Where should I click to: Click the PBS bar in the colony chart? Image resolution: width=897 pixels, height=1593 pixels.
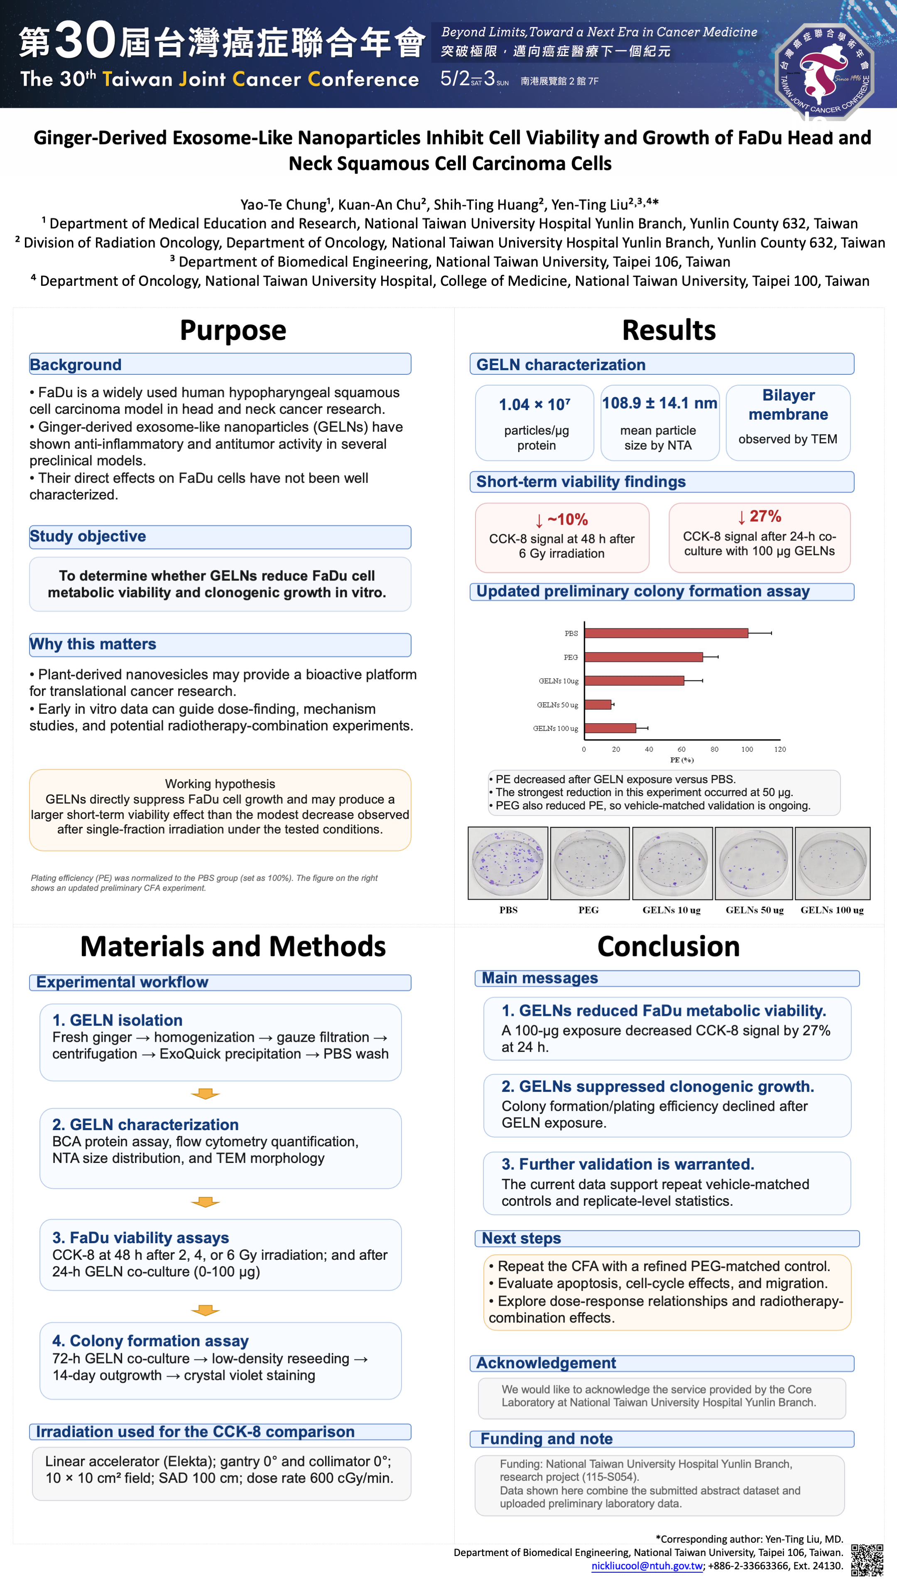tap(666, 633)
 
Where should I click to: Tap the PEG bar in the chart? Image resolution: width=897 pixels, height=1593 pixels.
tap(643, 657)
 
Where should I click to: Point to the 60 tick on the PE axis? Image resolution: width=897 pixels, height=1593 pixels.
tap(681, 749)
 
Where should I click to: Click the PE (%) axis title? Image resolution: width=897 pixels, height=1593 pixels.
tap(682, 760)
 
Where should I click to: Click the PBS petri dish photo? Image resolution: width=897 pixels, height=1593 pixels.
tap(507, 863)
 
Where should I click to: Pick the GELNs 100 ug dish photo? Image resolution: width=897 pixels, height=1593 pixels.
tap(832, 863)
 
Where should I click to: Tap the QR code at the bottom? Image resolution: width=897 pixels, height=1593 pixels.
tap(867, 1560)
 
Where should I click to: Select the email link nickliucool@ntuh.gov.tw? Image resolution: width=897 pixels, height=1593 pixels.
tap(647, 1566)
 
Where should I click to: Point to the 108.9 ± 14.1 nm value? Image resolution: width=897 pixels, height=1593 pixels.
tap(659, 403)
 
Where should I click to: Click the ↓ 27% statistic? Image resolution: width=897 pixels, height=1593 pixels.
tap(759, 516)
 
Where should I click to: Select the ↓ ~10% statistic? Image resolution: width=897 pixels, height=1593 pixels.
tap(561, 519)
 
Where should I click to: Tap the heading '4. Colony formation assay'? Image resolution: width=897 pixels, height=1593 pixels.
tap(150, 1341)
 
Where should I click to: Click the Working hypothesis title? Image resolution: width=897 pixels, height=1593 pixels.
tap(220, 784)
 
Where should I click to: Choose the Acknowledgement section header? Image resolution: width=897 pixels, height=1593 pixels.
tap(546, 1363)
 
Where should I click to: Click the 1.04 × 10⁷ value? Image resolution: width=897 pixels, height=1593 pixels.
tap(535, 405)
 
